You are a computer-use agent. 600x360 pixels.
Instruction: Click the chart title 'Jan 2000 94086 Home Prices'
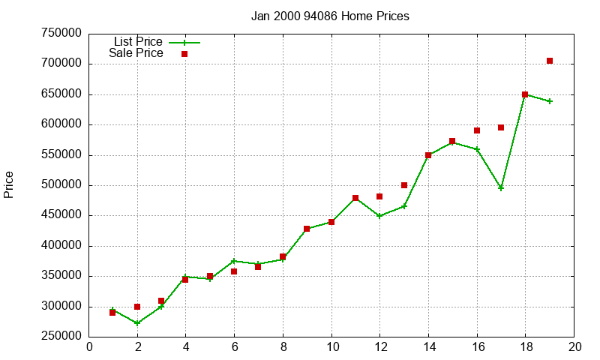330,16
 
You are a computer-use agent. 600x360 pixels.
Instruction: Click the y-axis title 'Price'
9,184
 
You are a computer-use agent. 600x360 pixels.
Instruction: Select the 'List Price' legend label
138,42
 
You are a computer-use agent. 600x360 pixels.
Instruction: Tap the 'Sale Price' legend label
136,53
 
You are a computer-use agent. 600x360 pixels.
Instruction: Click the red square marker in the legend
184,54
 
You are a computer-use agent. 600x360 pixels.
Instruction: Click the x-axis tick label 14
428,346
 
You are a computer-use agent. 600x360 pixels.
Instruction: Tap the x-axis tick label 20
574,346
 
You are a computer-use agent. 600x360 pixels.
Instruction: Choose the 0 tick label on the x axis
89,346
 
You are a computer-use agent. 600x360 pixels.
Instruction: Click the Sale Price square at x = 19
550,61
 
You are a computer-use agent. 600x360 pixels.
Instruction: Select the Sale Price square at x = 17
501,127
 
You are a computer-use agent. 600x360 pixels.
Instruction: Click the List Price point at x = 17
501,188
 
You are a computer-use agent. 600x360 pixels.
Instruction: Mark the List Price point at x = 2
137,323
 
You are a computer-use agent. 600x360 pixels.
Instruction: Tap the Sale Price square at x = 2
137,307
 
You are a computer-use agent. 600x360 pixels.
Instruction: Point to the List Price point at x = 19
550,101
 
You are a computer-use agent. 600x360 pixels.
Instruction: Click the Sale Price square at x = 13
404,185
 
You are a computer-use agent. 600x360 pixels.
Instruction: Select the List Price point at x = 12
379,216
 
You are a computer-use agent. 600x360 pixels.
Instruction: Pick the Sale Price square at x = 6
234,271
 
